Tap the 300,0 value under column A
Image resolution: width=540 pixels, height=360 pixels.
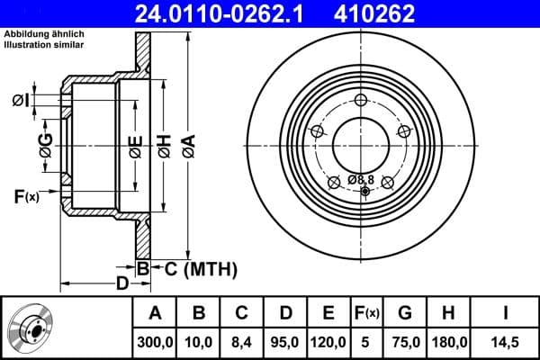point(155,341)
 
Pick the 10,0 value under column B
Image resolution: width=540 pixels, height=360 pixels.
point(199,341)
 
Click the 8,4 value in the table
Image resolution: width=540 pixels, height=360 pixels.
point(242,341)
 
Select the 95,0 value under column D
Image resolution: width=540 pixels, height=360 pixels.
point(285,341)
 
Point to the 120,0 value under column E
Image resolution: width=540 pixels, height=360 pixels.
point(328,341)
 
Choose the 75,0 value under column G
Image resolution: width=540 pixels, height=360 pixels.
point(405,341)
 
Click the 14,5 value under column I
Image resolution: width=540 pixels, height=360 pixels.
point(505,341)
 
